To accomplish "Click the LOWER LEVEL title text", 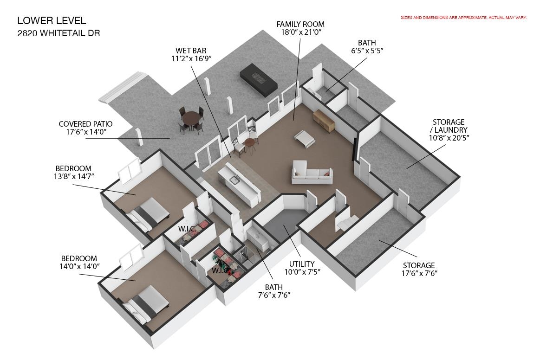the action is [x=52, y=21].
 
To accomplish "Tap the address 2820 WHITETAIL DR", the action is [x=59, y=33].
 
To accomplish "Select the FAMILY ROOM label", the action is [x=300, y=25].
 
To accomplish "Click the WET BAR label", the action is [x=191, y=51].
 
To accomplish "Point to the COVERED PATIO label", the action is [x=85, y=124].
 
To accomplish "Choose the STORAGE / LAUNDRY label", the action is [x=449, y=126].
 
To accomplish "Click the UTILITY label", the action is [x=301, y=264].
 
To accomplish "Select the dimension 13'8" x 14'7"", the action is [x=73, y=176].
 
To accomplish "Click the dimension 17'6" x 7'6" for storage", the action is [x=419, y=273].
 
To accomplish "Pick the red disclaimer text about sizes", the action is [x=463, y=18].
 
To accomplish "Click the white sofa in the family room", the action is [x=312, y=172].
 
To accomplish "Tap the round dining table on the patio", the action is [x=191, y=119].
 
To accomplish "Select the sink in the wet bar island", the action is [x=234, y=180].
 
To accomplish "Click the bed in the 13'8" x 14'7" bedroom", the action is [x=147, y=214].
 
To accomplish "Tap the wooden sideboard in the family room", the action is [x=324, y=121].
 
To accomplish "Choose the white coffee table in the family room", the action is [x=304, y=139].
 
